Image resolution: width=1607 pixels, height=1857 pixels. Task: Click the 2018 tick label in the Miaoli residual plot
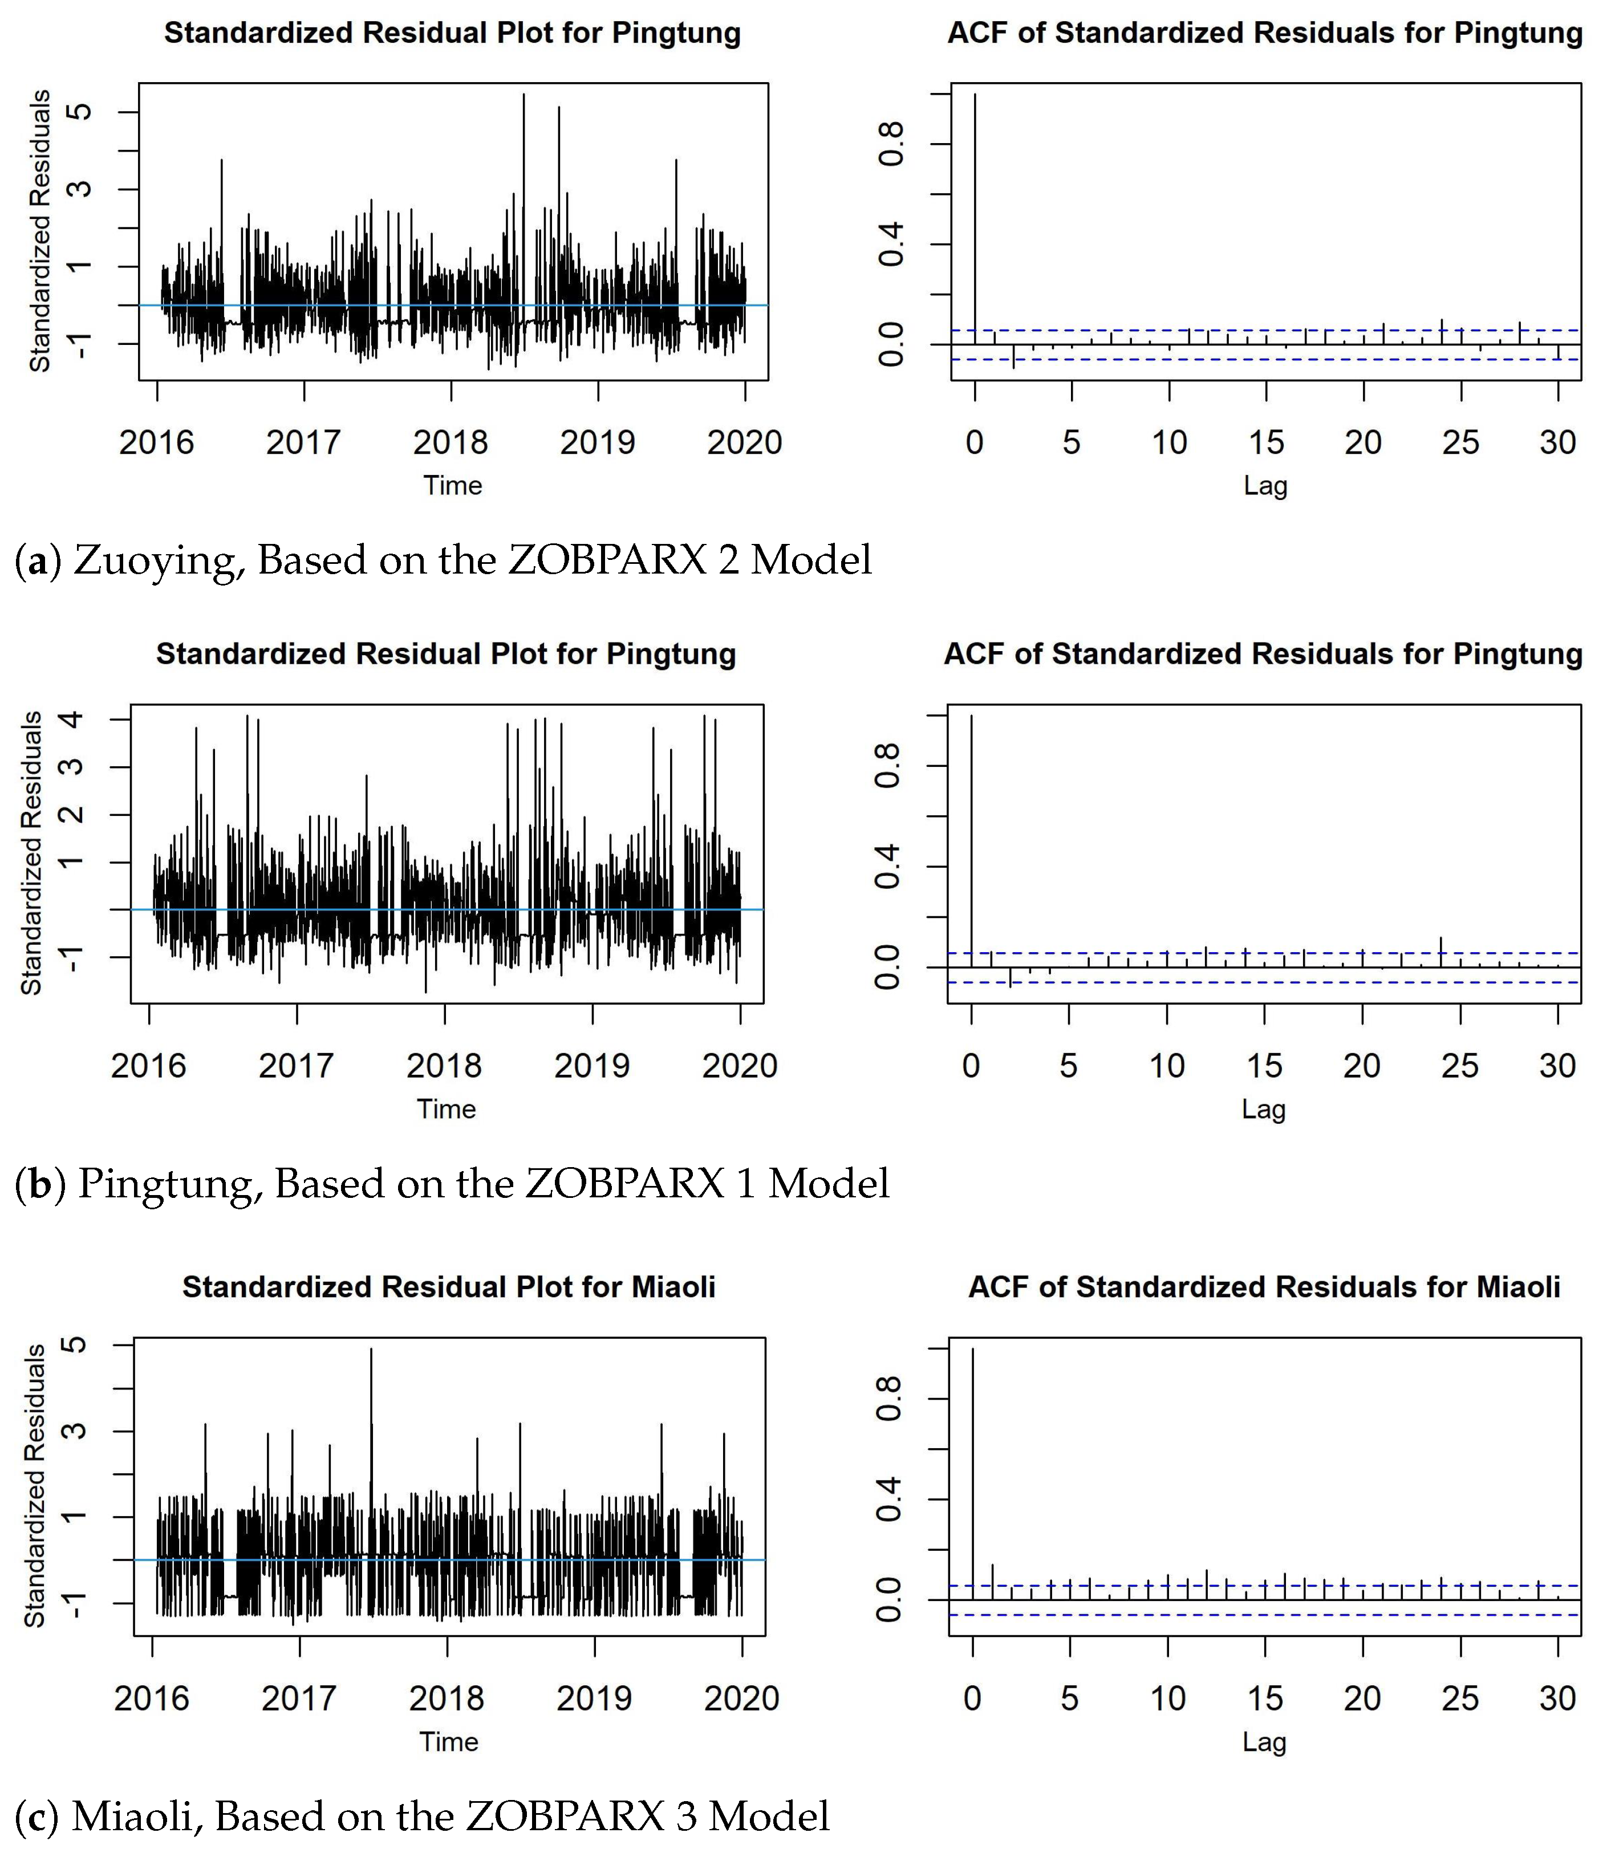click(x=447, y=1697)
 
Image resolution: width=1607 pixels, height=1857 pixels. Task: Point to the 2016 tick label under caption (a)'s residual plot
click(x=156, y=442)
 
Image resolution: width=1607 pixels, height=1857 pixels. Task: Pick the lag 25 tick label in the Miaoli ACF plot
click(x=1459, y=1697)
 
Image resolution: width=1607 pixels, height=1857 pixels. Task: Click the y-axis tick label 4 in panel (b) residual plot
click(x=72, y=719)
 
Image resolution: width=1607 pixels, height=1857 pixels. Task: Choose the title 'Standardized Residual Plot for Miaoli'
click(x=448, y=1287)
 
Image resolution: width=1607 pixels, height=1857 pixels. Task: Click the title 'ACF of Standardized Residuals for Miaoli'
click(x=1264, y=1287)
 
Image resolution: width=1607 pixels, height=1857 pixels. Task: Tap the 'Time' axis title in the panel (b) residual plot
click(x=446, y=1109)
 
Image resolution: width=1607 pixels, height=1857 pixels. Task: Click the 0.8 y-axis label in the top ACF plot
click(x=891, y=144)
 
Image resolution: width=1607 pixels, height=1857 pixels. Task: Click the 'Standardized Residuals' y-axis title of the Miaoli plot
click(x=34, y=1485)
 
